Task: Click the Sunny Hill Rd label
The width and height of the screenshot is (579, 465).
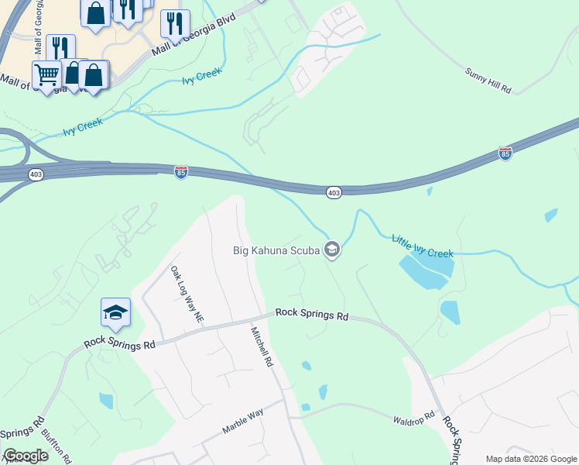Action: [x=488, y=81]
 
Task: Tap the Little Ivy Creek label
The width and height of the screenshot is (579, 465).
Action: [x=423, y=246]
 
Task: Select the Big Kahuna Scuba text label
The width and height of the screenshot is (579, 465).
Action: [x=277, y=250]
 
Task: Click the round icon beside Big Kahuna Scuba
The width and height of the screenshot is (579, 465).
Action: [x=332, y=249]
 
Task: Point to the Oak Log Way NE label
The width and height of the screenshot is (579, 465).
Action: [x=187, y=294]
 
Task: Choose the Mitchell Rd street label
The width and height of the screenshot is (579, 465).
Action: [x=262, y=346]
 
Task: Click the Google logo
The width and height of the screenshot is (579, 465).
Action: [x=26, y=456]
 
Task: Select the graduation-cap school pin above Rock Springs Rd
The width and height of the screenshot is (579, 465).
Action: [x=115, y=312]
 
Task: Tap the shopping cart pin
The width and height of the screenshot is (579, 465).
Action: [x=46, y=76]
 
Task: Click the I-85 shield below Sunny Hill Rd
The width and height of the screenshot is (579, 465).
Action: [x=505, y=153]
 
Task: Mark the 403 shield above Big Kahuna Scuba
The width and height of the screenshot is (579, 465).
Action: [x=333, y=192]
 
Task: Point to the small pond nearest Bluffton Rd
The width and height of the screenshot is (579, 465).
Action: [x=106, y=400]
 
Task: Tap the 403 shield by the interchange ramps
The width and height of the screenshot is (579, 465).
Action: [x=36, y=175]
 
